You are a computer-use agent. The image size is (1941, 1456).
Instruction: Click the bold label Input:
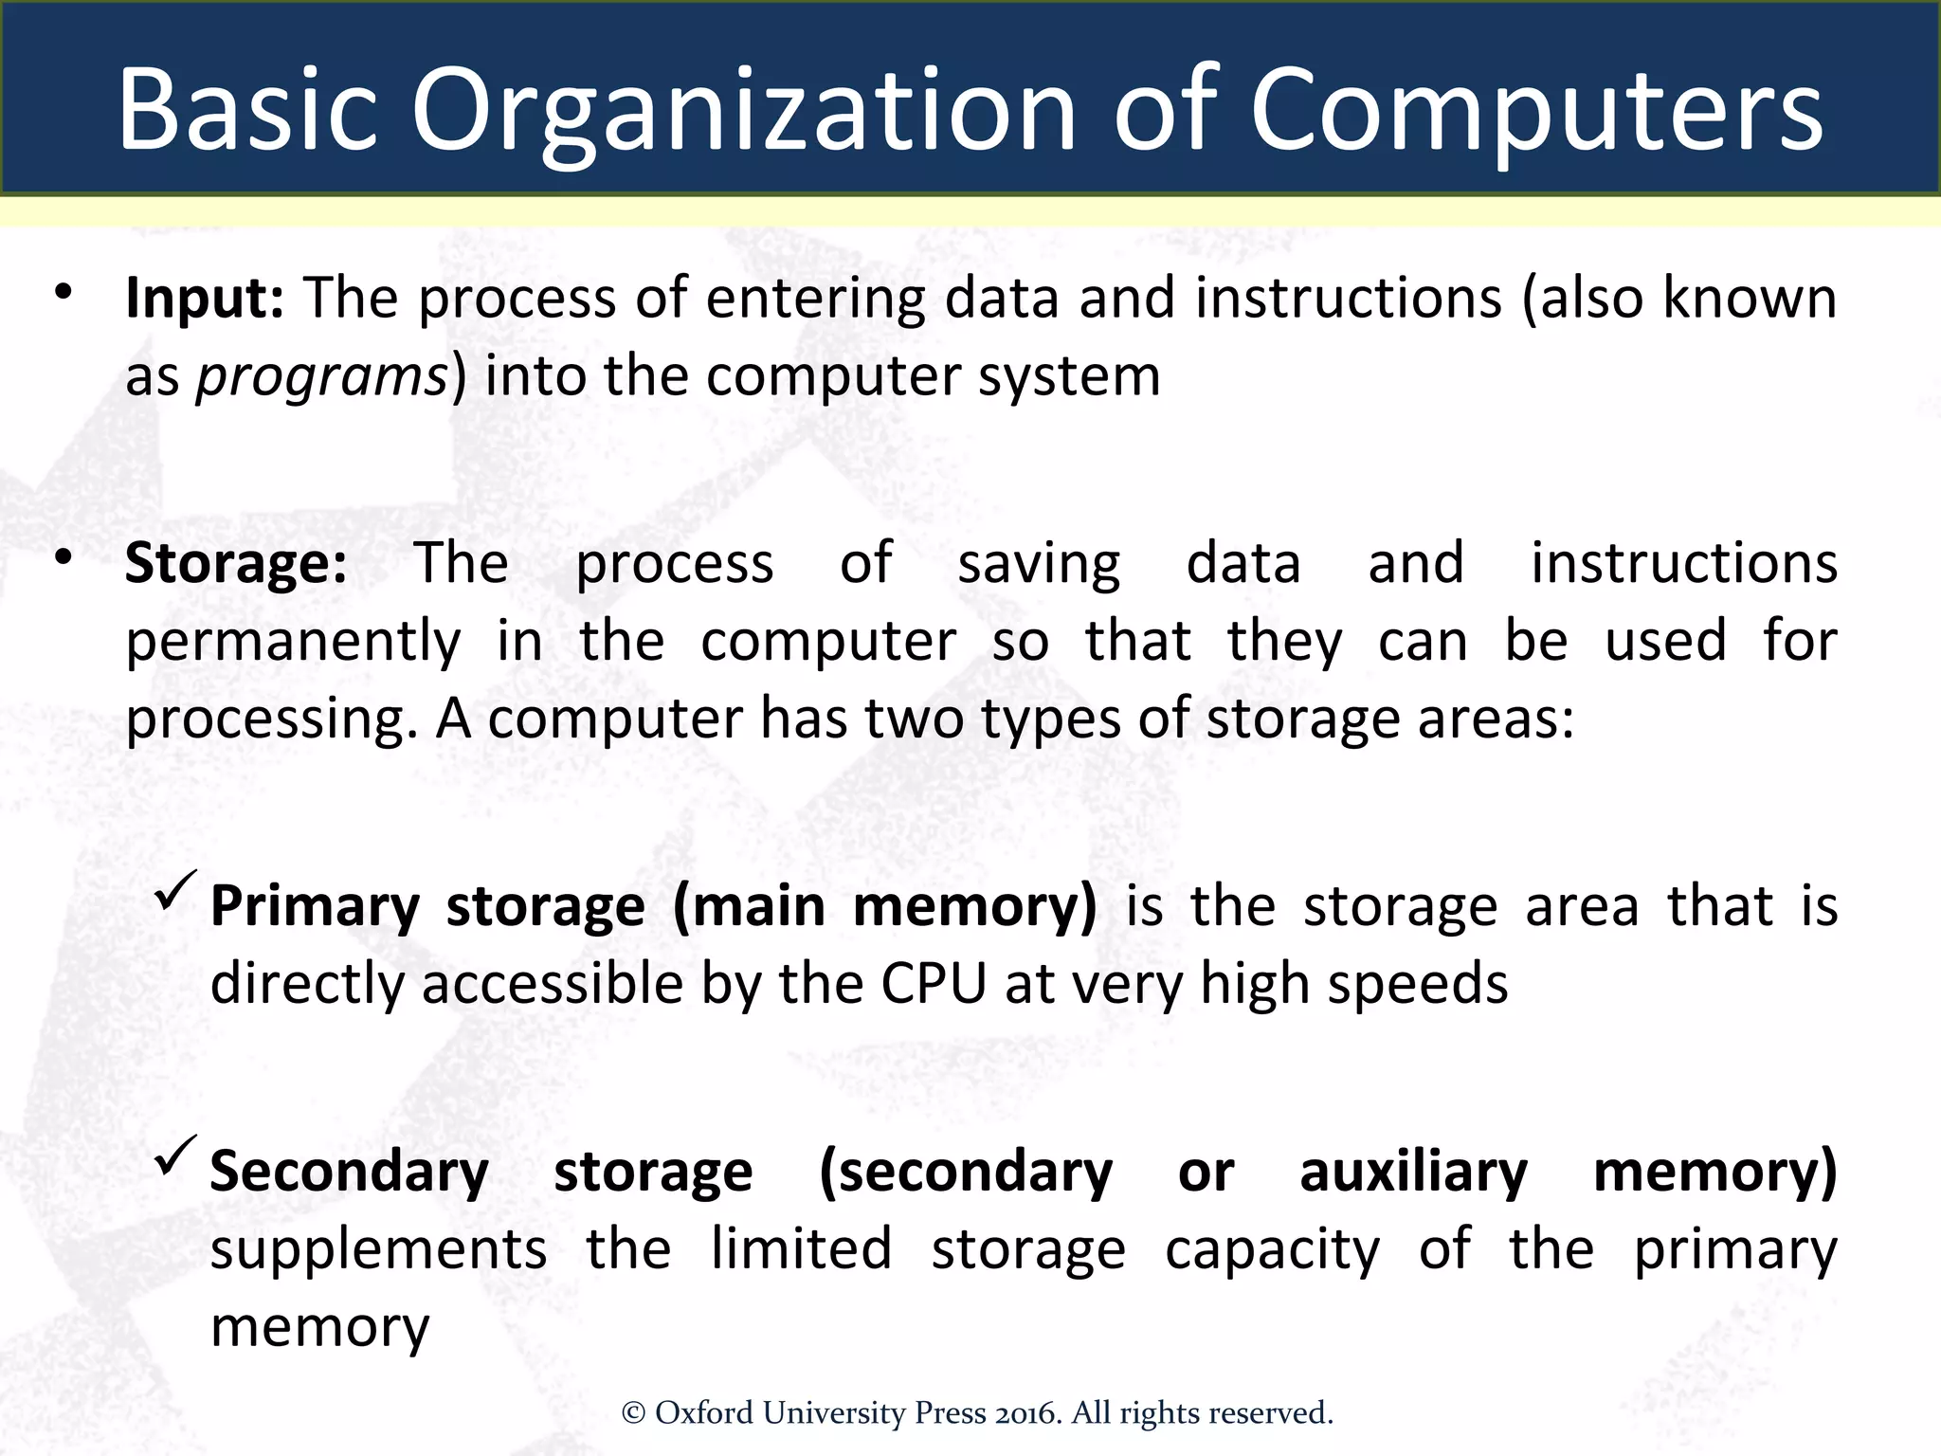pyautogui.click(x=205, y=299)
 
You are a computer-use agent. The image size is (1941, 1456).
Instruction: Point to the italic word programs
pyautogui.click(x=321, y=377)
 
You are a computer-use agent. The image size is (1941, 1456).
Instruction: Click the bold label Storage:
pyautogui.click(x=236, y=564)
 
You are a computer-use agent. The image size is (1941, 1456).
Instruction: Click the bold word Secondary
pyautogui.click(x=349, y=1173)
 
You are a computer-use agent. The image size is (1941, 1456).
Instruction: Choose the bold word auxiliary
pyautogui.click(x=1413, y=1173)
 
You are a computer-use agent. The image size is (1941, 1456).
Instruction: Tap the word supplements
pyautogui.click(x=378, y=1250)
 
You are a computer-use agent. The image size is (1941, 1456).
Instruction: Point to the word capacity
pyautogui.click(x=1272, y=1250)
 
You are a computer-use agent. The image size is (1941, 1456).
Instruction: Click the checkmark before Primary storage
pyautogui.click(x=175, y=891)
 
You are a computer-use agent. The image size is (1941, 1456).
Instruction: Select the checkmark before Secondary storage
pyautogui.click(x=175, y=1156)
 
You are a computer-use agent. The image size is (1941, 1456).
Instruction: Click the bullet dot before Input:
pyautogui.click(x=63, y=291)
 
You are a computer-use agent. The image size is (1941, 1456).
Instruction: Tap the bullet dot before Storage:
pyautogui.click(x=63, y=556)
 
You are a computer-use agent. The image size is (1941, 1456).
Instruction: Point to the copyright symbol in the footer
pyautogui.click(x=633, y=1414)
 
